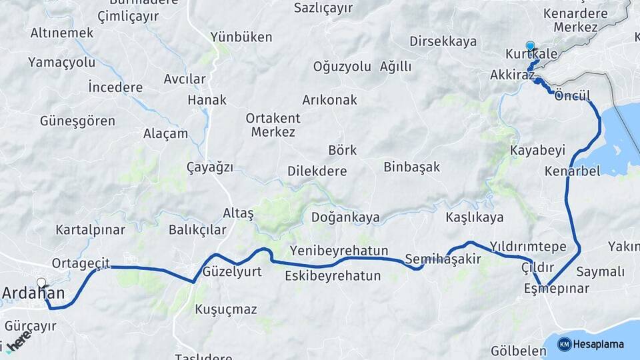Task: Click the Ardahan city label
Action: [x=33, y=293]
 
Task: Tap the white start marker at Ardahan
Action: [x=42, y=283]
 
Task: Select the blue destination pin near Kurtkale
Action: [x=530, y=46]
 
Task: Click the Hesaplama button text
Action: [x=598, y=344]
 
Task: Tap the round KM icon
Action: [x=564, y=344]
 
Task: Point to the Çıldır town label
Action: [x=537, y=267]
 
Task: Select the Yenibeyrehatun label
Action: [x=339, y=251]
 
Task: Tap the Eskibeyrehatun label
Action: [x=333, y=275]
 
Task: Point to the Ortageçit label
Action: [x=81, y=263]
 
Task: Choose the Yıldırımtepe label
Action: [x=527, y=247]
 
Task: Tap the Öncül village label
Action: [x=573, y=96]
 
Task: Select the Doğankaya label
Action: [x=345, y=217]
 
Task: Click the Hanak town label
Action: [x=207, y=100]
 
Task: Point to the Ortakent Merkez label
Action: [x=273, y=125]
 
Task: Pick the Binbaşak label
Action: [x=411, y=167]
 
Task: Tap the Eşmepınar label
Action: [x=556, y=289]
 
